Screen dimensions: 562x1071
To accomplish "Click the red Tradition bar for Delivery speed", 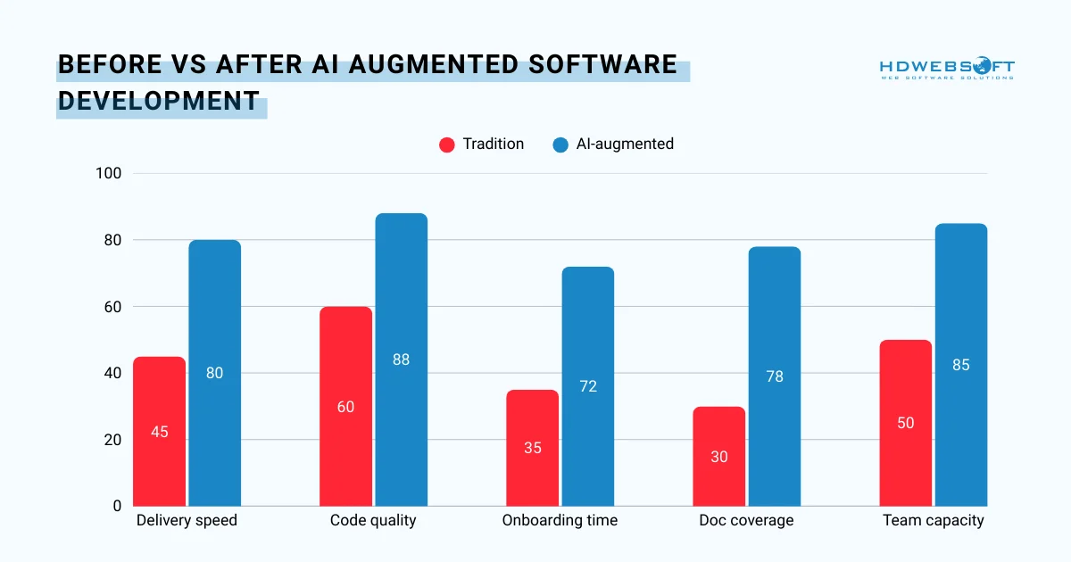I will click(x=160, y=432).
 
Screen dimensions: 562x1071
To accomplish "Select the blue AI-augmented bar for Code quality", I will click(x=401, y=360).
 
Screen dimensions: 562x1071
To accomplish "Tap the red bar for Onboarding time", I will click(x=533, y=448).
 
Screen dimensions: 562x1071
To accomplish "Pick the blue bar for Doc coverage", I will click(x=774, y=376).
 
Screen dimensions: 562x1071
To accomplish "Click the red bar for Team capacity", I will click(x=905, y=423).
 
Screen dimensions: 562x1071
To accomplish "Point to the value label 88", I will click(x=401, y=360).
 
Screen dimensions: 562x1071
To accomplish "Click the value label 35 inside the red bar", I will click(x=533, y=448).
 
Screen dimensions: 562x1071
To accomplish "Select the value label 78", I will click(x=774, y=376).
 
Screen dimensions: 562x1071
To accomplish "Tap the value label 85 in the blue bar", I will click(x=960, y=365).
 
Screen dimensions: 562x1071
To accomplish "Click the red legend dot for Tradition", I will click(x=447, y=145).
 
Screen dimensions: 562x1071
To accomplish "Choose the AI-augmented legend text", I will click(x=625, y=144).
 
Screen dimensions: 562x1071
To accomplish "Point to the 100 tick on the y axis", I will click(x=109, y=173).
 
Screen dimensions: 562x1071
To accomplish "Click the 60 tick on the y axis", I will click(x=112, y=307).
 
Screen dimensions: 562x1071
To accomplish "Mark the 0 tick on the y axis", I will click(x=117, y=506).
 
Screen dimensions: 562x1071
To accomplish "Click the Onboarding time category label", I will click(x=560, y=520).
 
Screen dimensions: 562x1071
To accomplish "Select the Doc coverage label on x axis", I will click(x=746, y=520).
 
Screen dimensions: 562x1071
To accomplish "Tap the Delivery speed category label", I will click(x=187, y=520).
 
